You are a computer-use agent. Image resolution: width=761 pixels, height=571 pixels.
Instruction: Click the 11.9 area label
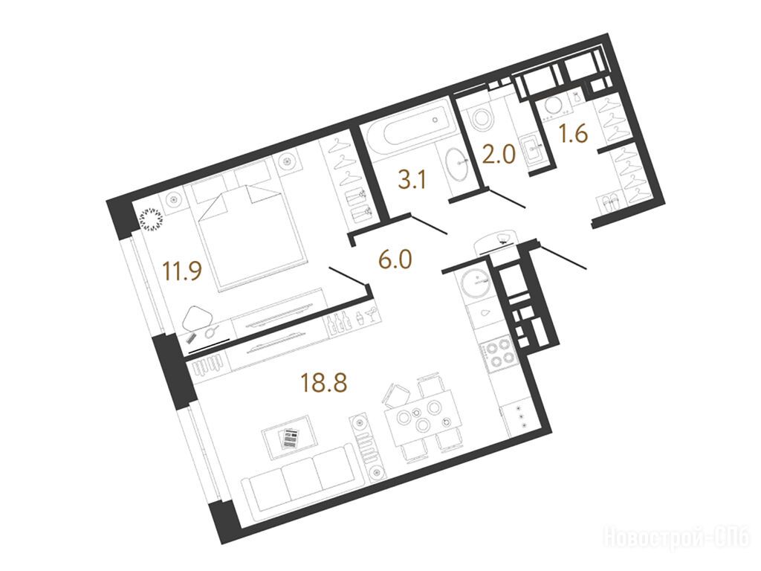(182, 271)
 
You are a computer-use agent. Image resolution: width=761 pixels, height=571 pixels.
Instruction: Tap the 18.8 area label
(324, 382)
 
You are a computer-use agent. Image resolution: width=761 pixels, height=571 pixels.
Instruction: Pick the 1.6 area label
(573, 132)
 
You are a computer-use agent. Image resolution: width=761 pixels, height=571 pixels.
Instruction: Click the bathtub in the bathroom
(410, 128)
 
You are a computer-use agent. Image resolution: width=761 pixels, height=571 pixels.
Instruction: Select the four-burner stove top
(497, 353)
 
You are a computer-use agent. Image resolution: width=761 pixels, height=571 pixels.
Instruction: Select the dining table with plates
(421, 418)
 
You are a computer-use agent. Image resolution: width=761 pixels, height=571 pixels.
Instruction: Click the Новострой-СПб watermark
(678, 538)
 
